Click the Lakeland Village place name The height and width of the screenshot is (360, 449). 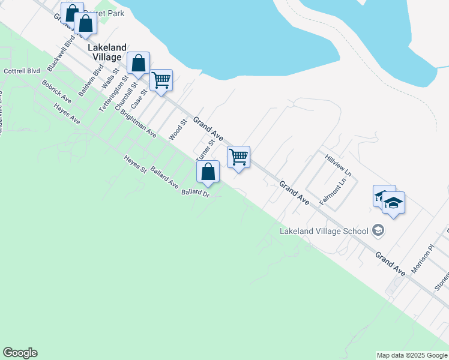(x=107, y=52)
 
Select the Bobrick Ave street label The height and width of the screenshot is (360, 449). (x=57, y=90)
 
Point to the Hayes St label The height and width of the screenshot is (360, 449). (x=136, y=164)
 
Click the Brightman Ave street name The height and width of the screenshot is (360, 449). (x=138, y=124)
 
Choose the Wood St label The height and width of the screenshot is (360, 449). (x=178, y=130)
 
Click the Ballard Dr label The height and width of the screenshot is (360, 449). (x=195, y=193)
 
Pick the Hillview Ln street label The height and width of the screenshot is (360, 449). (x=338, y=164)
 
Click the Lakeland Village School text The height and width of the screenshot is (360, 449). (x=324, y=231)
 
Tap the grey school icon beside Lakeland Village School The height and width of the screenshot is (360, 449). (x=378, y=230)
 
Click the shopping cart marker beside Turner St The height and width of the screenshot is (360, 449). (x=239, y=158)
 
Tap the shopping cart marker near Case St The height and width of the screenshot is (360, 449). (x=161, y=80)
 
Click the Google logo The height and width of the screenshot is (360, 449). (x=20, y=353)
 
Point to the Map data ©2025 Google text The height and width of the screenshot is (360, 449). (x=412, y=355)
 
